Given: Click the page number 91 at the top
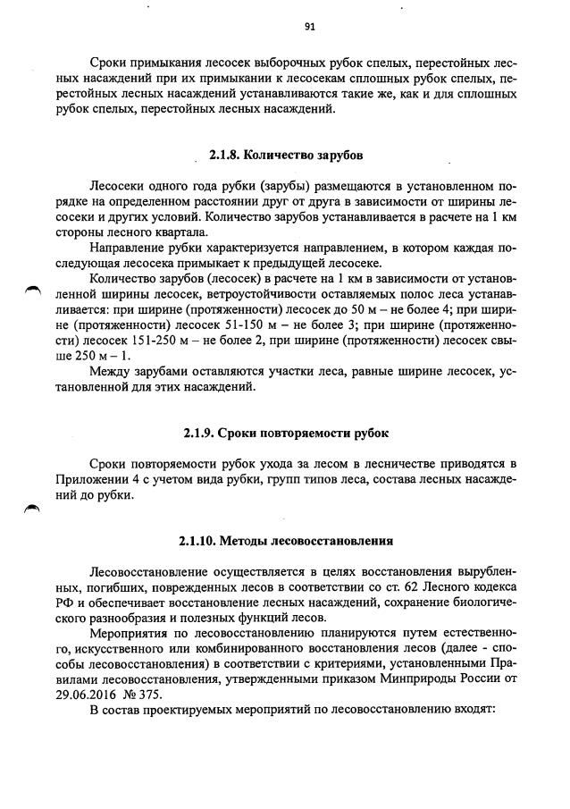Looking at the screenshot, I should pos(308,26).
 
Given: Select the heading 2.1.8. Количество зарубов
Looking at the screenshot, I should pos(285,155).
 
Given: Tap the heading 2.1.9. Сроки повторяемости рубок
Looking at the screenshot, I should pos(285,434).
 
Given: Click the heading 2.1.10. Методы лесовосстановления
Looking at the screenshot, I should pos(285,541).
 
